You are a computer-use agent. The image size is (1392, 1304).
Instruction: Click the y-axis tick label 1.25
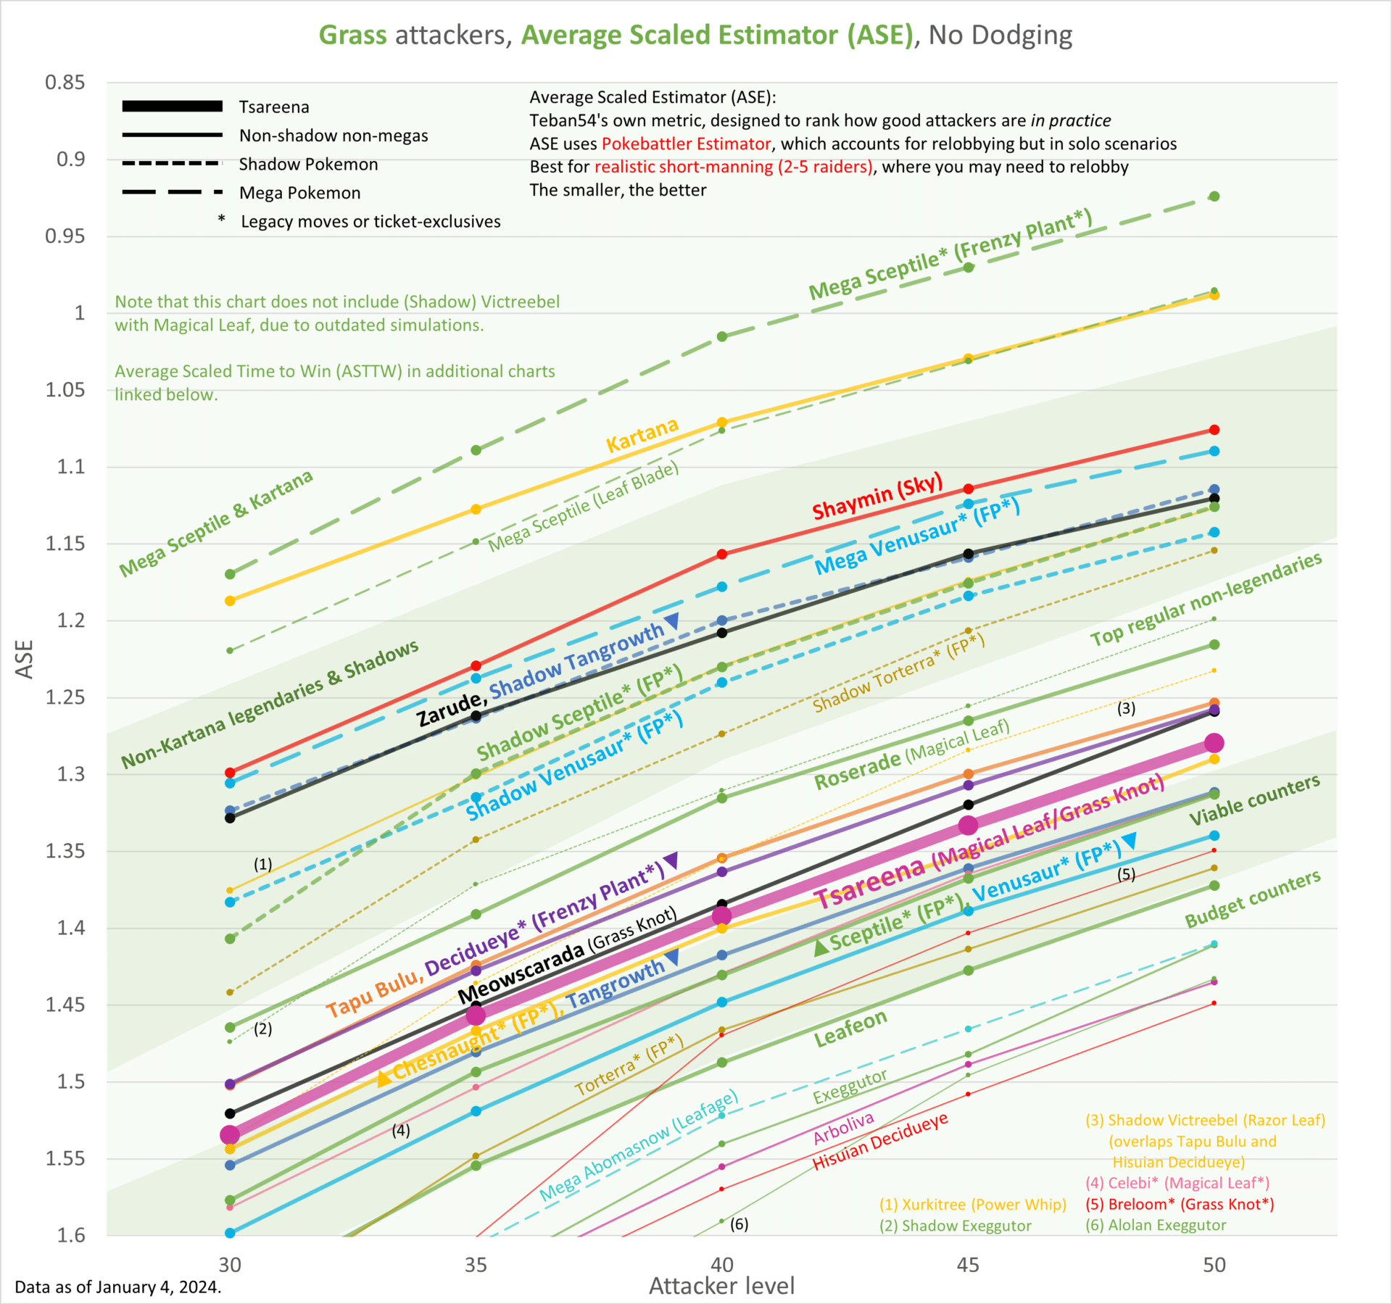pos(65,697)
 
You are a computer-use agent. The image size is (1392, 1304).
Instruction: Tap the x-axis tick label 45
pos(968,1265)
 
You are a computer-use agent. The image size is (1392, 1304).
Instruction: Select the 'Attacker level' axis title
pos(721,1287)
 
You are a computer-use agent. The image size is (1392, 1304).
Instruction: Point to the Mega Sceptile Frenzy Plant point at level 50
pos(1214,196)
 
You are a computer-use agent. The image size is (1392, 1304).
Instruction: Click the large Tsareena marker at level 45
pos(968,825)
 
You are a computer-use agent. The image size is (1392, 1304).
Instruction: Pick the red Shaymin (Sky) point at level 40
pos(722,555)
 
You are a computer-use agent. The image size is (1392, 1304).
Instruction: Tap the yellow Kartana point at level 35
pos(476,510)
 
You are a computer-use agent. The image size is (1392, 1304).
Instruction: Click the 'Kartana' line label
pos(642,435)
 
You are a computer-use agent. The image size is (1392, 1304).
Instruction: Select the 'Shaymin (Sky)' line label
pos(877,497)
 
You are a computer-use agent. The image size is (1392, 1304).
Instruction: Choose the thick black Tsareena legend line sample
pos(173,107)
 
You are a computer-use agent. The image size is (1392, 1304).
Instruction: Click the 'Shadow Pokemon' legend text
pos(309,165)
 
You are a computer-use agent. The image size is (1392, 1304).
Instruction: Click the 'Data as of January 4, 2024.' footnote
pos(118,1287)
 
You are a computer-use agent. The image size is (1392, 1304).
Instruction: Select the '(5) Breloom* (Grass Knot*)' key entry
pos(1180,1204)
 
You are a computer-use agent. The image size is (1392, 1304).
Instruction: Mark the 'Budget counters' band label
pos(1252,900)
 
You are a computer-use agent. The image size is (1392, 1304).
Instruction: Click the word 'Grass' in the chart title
pos(353,35)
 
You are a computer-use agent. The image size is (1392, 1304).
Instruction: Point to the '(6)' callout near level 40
pos(739,1224)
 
